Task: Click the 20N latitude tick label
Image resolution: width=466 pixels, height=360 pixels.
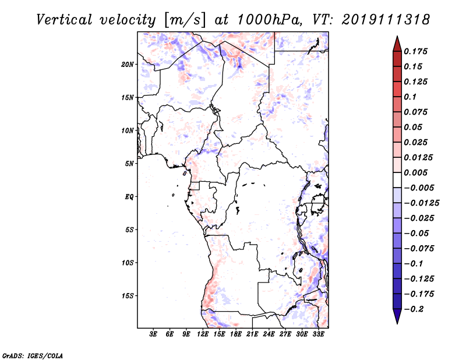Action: click(127, 65)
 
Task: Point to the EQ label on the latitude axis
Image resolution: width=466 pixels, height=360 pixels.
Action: click(129, 197)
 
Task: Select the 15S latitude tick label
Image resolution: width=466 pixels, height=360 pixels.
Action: click(128, 296)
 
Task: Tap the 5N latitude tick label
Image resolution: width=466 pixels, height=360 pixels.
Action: click(129, 164)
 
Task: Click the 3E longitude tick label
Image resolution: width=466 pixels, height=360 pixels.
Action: click(153, 334)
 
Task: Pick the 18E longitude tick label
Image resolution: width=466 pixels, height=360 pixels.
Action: click(236, 334)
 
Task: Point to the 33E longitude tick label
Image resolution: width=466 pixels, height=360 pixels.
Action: click(318, 334)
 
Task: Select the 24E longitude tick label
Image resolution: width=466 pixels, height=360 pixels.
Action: click(269, 334)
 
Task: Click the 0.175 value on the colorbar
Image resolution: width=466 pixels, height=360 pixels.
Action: click(415, 51)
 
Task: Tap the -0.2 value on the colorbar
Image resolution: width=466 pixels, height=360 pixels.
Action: click(414, 309)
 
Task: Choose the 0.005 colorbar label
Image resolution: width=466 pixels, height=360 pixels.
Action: click(415, 172)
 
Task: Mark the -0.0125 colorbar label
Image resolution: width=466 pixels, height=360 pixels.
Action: click(421, 203)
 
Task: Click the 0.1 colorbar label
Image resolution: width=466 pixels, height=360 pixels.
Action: click(410, 97)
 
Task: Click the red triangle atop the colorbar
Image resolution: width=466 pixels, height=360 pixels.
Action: click(397, 44)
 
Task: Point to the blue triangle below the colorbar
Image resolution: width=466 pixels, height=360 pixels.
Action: click(397, 316)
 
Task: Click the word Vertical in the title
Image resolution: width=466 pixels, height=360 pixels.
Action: click(64, 20)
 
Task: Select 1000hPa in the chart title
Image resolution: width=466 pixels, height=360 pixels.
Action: click(270, 20)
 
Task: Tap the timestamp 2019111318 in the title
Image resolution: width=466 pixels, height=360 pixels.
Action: click(386, 20)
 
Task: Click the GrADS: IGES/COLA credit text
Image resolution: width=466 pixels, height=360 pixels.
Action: click(33, 355)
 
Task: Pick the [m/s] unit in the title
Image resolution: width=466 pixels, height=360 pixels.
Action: click(184, 20)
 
